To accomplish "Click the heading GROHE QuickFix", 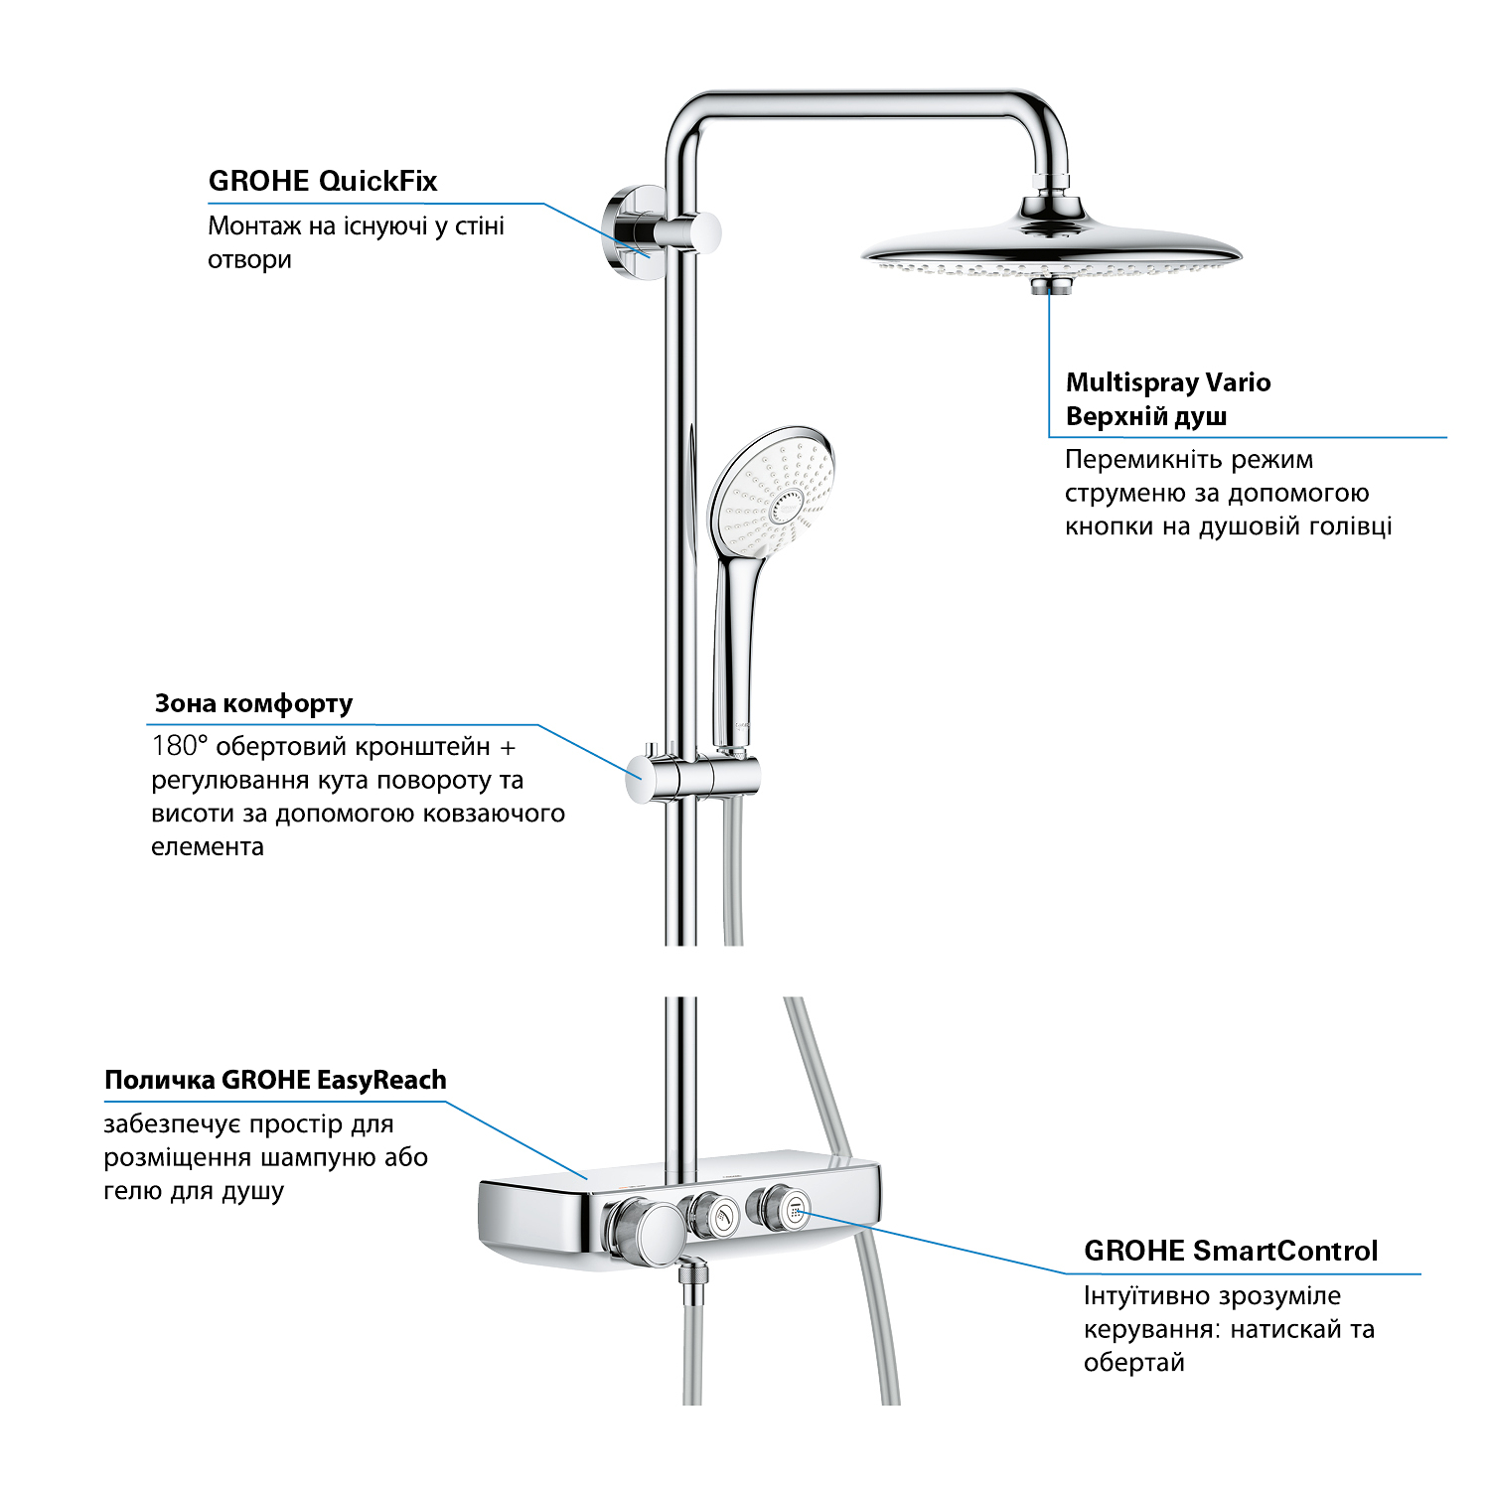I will (x=322, y=182).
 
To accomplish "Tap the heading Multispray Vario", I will (x=1167, y=382).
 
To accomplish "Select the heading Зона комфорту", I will (x=253, y=704).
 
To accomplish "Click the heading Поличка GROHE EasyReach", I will (x=275, y=1080).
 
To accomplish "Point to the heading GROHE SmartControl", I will (x=1230, y=1251).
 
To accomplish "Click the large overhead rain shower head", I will (x=1051, y=248).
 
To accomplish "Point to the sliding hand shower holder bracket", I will (x=695, y=775).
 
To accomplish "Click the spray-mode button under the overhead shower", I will (x=1049, y=286).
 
